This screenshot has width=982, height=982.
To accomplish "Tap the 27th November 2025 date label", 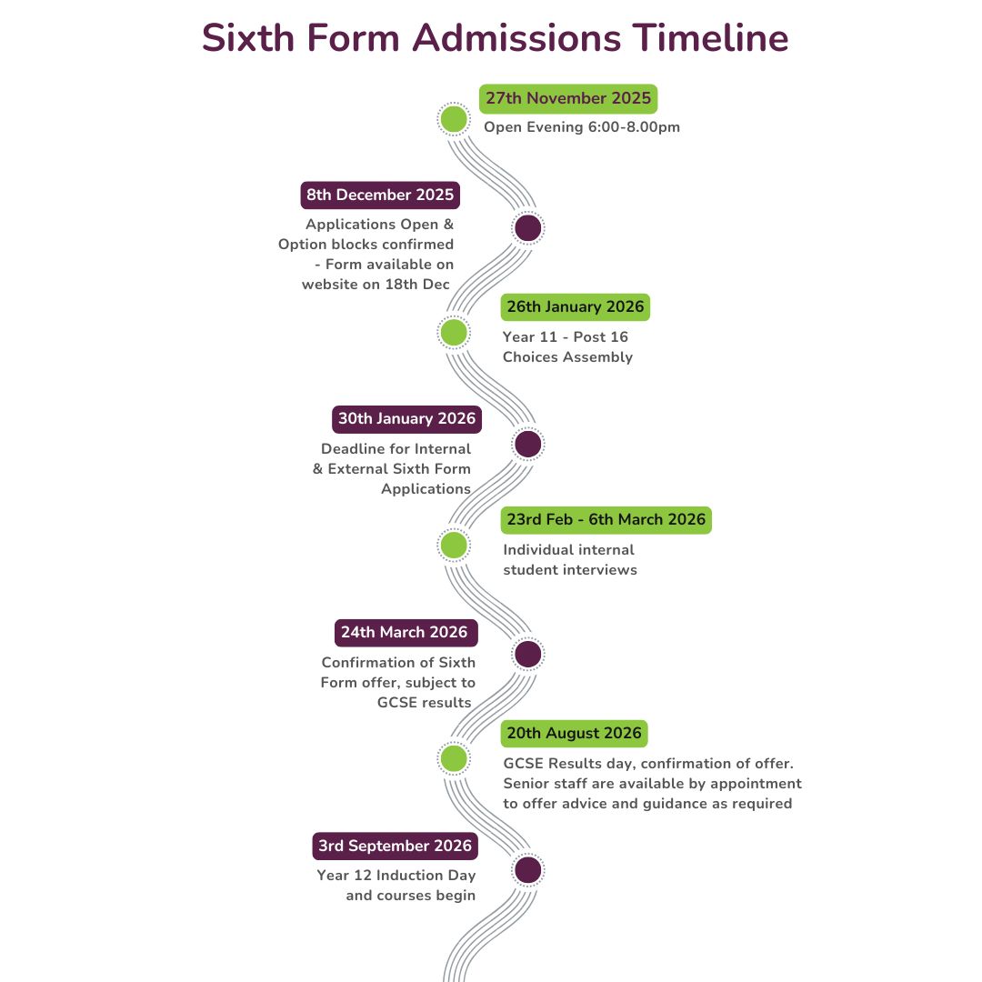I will click(x=568, y=98).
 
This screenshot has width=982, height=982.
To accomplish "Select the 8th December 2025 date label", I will click(x=379, y=195).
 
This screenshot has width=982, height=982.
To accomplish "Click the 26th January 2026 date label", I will click(x=575, y=307).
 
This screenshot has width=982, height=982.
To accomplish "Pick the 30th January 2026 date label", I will click(x=406, y=419).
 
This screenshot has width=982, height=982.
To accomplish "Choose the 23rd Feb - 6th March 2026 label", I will click(x=606, y=520).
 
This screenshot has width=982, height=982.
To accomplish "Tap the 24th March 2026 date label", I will click(x=404, y=633).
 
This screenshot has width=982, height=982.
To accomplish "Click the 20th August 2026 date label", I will click(x=574, y=734).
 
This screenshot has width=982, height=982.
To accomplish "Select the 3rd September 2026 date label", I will click(x=395, y=847).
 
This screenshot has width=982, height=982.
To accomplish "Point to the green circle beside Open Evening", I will click(x=453, y=119).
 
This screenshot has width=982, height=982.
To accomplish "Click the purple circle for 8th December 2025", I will click(x=527, y=228).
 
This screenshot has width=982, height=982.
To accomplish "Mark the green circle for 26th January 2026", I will click(x=453, y=333).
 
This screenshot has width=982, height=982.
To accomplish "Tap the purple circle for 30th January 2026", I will click(x=527, y=445).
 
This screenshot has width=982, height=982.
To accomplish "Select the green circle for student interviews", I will click(x=453, y=546).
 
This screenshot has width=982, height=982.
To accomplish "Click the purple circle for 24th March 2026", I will click(x=527, y=654).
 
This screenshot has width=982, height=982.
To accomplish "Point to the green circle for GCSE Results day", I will click(x=453, y=758).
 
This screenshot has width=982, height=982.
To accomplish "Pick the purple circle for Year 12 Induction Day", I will click(x=527, y=870).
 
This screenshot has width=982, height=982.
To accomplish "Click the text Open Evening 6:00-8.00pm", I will click(x=581, y=127).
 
